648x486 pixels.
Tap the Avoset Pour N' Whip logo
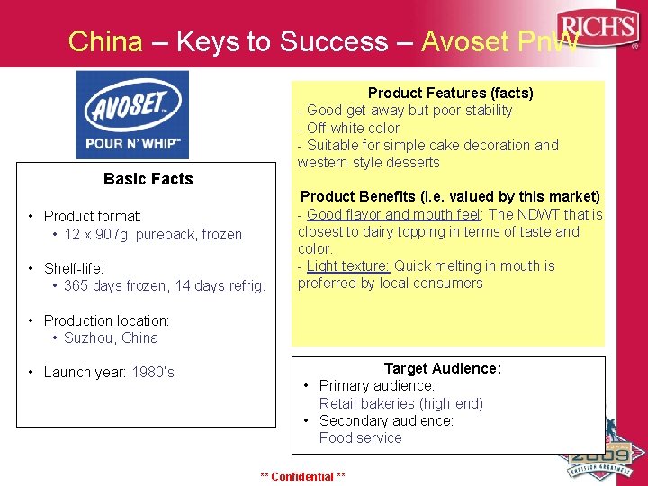(132, 114)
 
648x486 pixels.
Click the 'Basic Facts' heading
(148, 179)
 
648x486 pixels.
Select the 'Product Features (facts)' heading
(450, 93)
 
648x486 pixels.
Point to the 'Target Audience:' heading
(442, 368)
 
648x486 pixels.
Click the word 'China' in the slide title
(105, 41)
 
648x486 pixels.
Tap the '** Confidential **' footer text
(302, 476)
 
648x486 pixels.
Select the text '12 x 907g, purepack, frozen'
(153, 234)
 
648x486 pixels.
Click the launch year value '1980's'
(153, 372)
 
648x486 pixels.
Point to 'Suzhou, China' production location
(111, 337)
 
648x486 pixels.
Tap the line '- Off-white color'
(348, 128)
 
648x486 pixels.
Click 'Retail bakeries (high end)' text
(400, 403)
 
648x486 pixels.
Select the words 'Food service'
(360, 437)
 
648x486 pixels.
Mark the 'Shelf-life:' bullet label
(74, 268)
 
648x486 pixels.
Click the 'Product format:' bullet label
(93, 216)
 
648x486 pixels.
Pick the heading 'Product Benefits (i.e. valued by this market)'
(450, 196)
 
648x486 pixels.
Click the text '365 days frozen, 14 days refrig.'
(165, 286)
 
